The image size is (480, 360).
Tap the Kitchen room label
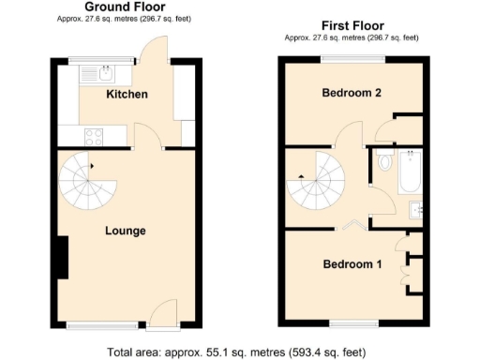tap(127, 95)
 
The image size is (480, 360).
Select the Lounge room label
tap(125, 230)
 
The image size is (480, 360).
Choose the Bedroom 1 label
tap(352, 264)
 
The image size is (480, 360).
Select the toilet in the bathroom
tap(384, 162)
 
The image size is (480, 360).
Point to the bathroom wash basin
tap(415, 210)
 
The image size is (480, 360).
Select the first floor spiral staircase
tap(315, 182)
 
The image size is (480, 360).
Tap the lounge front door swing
tap(165, 311)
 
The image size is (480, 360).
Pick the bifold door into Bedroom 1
tap(354, 225)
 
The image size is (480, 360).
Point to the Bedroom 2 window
tap(352, 60)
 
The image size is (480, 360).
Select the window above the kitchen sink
tap(95, 61)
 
